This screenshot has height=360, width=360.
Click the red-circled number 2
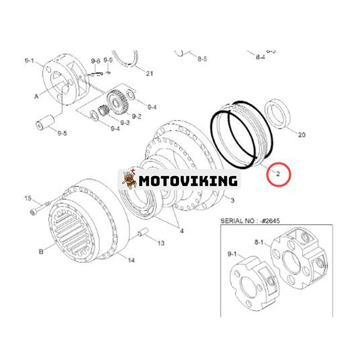tap(279, 173)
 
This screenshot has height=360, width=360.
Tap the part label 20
tap(301, 135)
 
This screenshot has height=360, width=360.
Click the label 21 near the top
tap(150, 74)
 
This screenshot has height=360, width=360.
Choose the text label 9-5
tap(63, 133)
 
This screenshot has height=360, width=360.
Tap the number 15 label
tap(28, 198)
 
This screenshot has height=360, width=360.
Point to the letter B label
tap(41, 252)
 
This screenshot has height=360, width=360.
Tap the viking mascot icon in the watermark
tap(129, 180)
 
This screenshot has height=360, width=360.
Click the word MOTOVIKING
tap(188, 180)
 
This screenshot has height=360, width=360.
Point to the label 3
tap(232, 200)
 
